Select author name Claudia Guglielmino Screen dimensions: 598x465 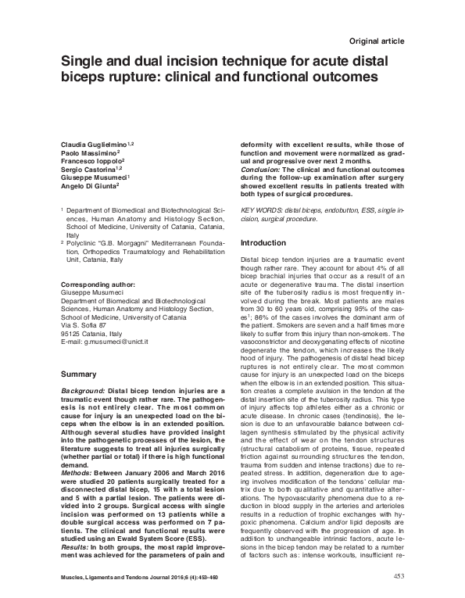pyautogui.click(x=95, y=146)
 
